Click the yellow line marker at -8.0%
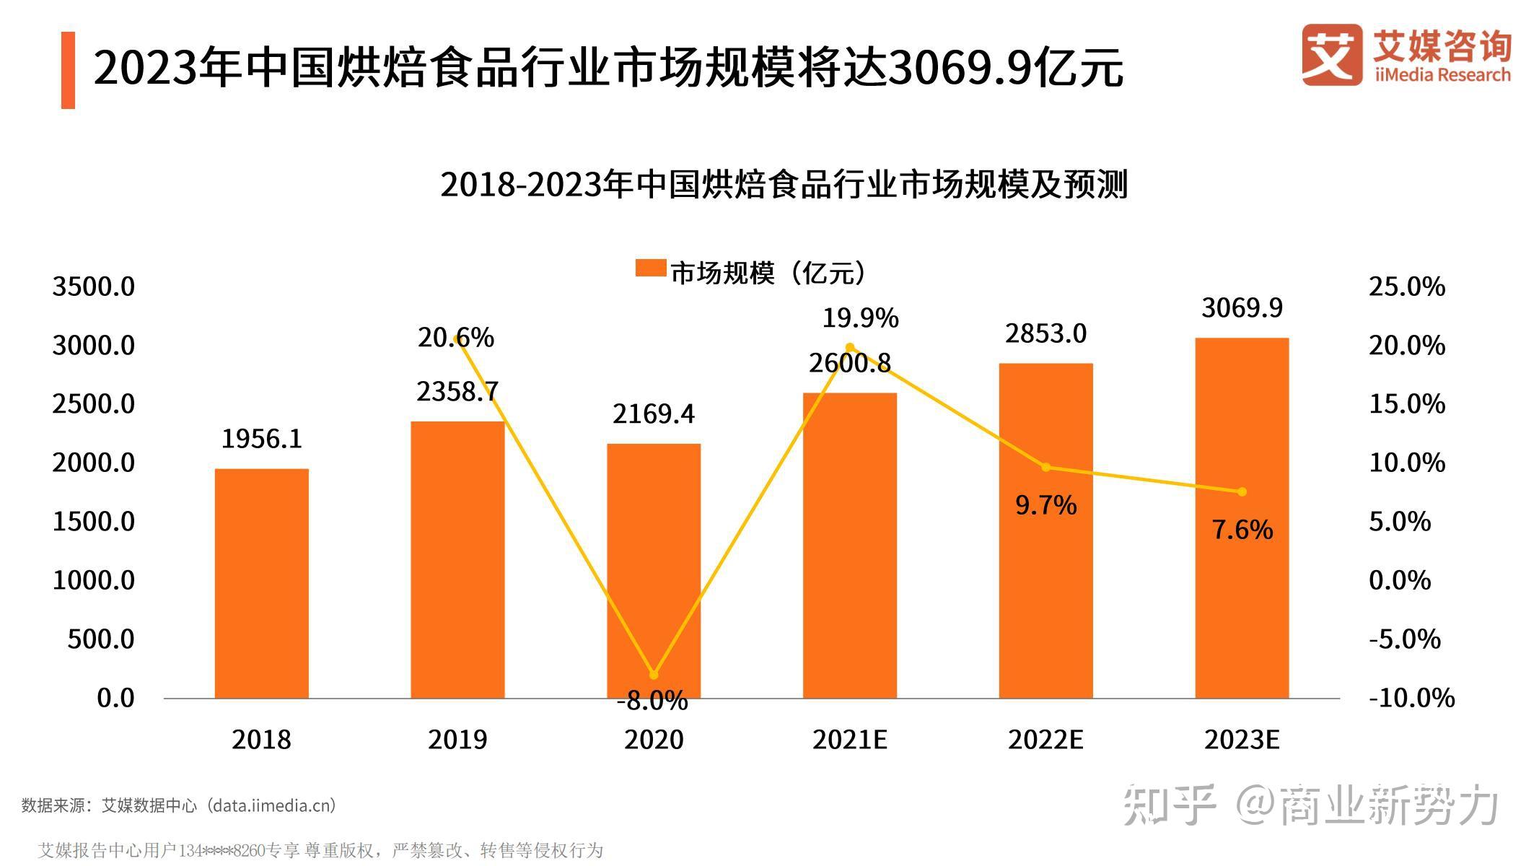[654, 675]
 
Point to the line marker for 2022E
[1046, 467]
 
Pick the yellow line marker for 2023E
[1242, 491]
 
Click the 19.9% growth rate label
[860, 318]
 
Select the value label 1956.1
[261, 439]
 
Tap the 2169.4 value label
[654, 414]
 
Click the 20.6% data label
[456, 338]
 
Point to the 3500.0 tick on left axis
[94, 287]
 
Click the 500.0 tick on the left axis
[101, 639]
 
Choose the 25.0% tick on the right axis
[1406, 287]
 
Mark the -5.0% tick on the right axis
[1404, 639]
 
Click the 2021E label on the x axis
[849, 740]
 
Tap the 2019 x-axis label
[457, 740]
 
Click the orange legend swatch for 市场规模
[650, 268]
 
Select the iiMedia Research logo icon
[1332, 55]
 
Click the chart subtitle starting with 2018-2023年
[784, 185]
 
